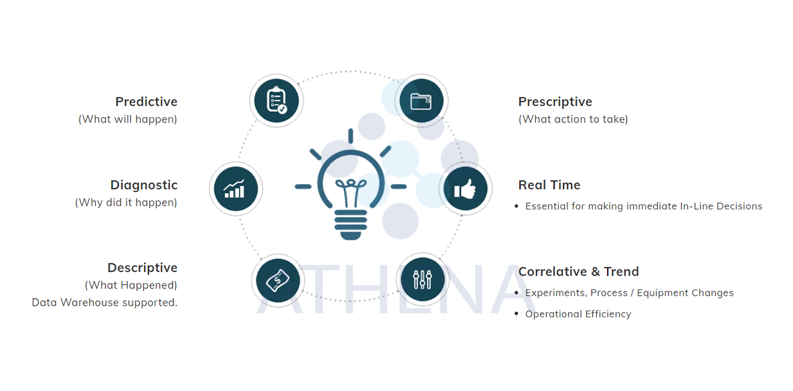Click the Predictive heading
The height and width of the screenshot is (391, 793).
point(146,102)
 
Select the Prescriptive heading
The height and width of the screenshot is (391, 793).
point(555,102)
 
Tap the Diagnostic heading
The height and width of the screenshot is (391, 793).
point(144,185)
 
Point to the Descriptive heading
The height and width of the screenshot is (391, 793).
point(143,268)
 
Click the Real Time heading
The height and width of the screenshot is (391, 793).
point(549,185)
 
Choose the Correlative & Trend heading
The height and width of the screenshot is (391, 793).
point(578,271)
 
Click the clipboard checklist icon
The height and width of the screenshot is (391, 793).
point(276,100)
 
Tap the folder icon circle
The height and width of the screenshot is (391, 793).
point(421,101)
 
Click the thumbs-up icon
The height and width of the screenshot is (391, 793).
point(465,189)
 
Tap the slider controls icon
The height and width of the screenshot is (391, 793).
point(421,280)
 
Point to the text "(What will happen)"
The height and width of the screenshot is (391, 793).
point(128,119)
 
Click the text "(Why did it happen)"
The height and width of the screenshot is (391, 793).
point(126,202)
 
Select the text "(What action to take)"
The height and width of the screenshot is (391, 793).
point(573,119)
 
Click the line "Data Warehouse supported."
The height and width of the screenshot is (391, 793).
point(104,303)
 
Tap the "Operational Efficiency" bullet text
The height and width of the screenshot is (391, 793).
point(578,314)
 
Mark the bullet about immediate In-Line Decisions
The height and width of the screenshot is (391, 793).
point(643,206)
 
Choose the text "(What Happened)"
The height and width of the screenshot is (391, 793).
point(130,285)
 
